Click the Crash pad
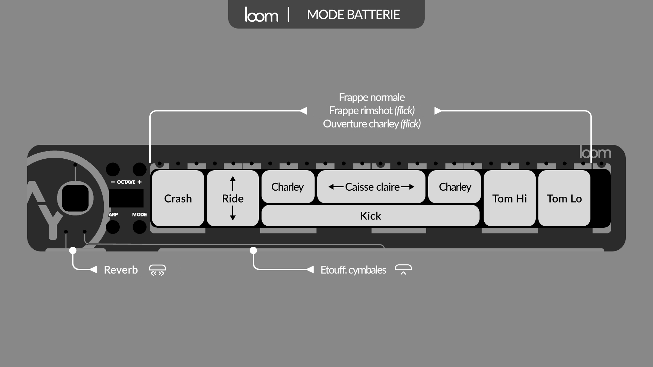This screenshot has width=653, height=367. tap(178, 198)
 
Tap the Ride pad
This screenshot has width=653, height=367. tap(233, 198)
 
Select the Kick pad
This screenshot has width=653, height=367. tap(370, 216)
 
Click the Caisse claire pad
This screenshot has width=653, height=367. tap(371, 187)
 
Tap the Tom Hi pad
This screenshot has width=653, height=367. tap(509, 198)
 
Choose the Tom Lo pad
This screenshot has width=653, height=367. tap(564, 198)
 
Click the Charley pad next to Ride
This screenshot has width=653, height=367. tap(288, 187)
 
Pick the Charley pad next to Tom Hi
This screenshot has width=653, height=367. tap(455, 187)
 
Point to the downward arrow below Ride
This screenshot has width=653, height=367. tap(233, 213)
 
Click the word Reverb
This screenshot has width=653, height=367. tap(121, 270)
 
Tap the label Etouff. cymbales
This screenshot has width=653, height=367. tap(353, 270)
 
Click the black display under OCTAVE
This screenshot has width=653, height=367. tap(126, 198)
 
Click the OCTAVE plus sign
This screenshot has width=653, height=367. tap(139, 182)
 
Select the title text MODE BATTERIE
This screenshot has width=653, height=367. tap(353, 15)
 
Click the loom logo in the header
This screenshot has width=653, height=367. tap(261, 15)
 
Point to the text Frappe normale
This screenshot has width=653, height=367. tap(371, 97)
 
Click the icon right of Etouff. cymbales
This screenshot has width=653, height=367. tap(403, 270)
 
